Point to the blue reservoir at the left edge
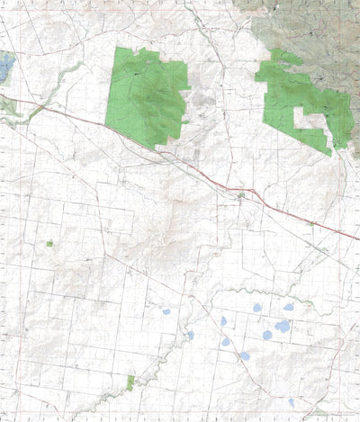5,66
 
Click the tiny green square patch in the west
49,243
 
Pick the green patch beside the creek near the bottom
130,383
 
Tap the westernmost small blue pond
166,312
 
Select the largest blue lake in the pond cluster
283,327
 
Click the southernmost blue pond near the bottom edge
292,402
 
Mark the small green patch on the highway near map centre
240,194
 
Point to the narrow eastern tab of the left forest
185,121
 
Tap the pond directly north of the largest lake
288,308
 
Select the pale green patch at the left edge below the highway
7,106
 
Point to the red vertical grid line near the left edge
19,270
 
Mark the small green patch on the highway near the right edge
310,224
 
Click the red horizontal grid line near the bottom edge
180,411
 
